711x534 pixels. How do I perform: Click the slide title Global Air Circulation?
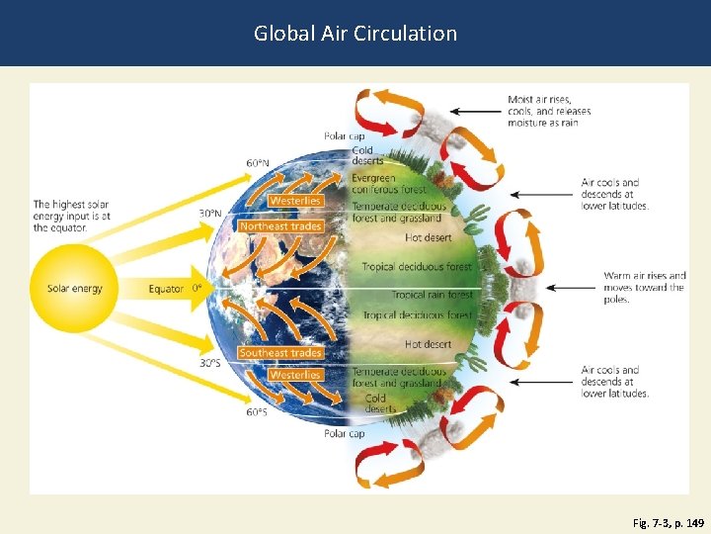pyautogui.click(x=355, y=33)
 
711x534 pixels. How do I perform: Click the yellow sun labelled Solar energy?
pyautogui.click(x=74, y=289)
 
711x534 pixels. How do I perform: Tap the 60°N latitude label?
pyautogui.click(x=257, y=162)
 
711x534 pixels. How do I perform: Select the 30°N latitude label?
pyautogui.click(x=210, y=213)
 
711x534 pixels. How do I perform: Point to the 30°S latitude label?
pyautogui.click(x=210, y=363)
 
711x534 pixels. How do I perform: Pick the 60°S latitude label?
pyautogui.click(x=257, y=412)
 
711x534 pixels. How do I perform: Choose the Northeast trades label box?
pyautogui.click(x=280, y=225)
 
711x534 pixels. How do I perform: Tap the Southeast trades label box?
pyautogui.click(x=280, y=353)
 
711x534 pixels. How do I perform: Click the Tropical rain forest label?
pyautogui.click(x=432, y=295)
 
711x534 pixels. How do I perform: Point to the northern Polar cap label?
pyautogui.click(x=345, y=135)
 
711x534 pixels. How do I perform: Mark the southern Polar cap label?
pyautogui.click(x=345, y=433)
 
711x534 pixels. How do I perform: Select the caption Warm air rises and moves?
pyautogui.click(x=644, y=288)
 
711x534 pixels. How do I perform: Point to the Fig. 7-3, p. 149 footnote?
pyautogui.click(x=669, y=520)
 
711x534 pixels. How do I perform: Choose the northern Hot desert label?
pyautogui.click(x=428, y=237)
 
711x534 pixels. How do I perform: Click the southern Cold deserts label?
pyautogui.click(x=375, y=403)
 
